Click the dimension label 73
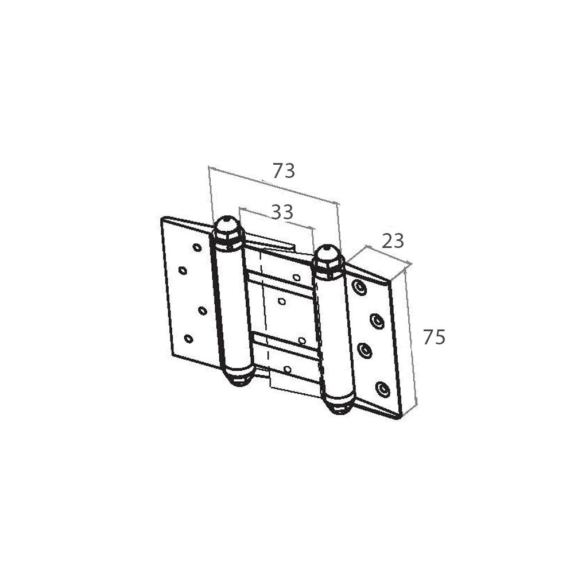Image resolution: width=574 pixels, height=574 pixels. coord(284,170)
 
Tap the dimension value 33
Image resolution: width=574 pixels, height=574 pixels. coord(282,212)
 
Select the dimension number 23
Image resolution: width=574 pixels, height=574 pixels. coord(393,241)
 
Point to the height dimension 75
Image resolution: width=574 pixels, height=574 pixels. coord(434,337)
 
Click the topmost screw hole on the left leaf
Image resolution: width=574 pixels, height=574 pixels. coord(197,248)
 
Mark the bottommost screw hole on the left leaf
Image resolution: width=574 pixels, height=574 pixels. coord(188,339)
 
